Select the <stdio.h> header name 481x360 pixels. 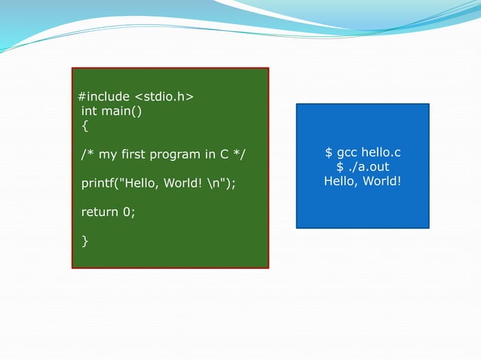tap(164, 97)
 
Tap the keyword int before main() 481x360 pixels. tap(89, 111)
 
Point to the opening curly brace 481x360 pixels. tap(84, 126)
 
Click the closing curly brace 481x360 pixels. tap(84, 240)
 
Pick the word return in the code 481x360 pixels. tap(100, 212)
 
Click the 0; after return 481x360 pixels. tap(128, 212)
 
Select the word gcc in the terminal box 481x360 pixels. tap(347, 153)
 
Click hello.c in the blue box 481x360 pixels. tap(381, 153)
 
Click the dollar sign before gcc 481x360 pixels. tap(329, 153)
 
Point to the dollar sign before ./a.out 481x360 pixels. tap(340, 167)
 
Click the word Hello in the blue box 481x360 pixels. tap(341, 182)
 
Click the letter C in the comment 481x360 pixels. tap(224, 155)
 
